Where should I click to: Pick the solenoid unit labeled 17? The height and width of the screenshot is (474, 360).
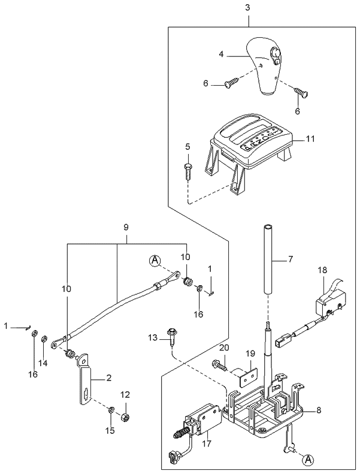[201, 419]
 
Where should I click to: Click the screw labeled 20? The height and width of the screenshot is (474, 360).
[219, 364]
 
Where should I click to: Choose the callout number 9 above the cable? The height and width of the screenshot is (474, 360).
[126, 228]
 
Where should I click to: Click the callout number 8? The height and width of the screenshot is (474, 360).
[318, 411]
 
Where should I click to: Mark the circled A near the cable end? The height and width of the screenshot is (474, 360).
[155, 259]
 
